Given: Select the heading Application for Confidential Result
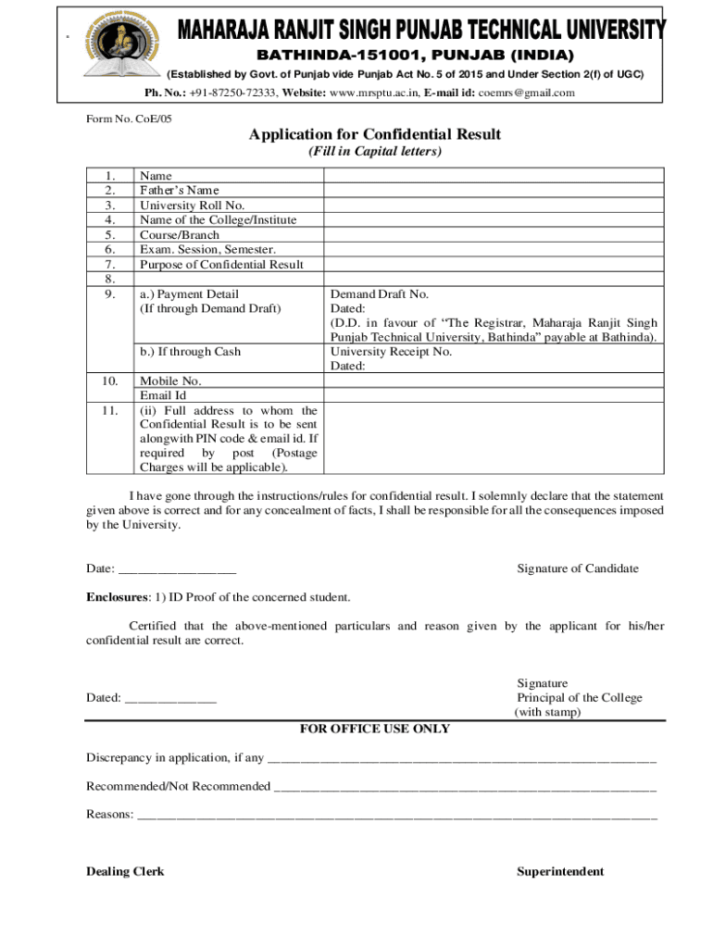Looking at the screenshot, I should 374,135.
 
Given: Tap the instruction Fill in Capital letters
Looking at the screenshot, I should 374,152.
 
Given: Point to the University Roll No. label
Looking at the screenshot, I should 192,206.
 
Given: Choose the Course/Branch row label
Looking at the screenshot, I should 180,235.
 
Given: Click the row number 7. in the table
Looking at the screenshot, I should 110,265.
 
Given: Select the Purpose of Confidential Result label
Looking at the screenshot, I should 221,265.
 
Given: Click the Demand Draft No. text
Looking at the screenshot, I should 380,294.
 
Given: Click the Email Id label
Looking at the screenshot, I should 163,395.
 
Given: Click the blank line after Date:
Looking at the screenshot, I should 177,569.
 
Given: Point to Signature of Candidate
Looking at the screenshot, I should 577,568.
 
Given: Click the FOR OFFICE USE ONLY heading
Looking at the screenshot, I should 375,730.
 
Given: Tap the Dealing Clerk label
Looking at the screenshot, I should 125,871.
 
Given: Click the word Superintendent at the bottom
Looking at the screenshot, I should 560,871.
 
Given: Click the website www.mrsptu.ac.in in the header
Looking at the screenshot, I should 374,93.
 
